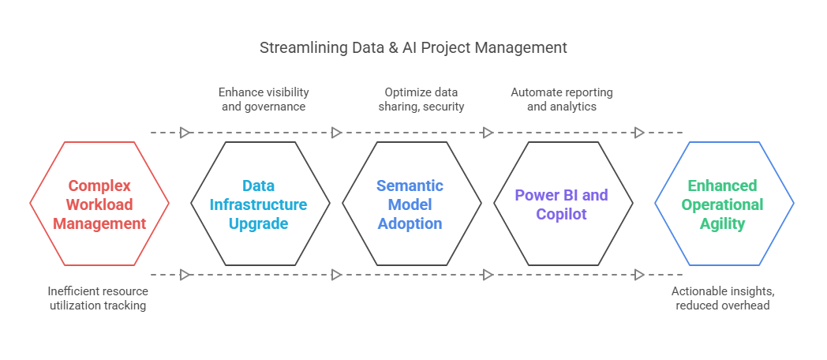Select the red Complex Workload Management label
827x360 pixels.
(99, 204)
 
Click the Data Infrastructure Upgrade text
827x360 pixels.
(259, 204)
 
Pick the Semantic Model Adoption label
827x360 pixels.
(410, 204)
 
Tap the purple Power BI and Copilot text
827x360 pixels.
(562, 204)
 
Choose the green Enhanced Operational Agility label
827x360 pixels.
(723, 204)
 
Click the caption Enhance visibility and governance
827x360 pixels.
(264, 99)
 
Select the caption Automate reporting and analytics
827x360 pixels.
(562, 99)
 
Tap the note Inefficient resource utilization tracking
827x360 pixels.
(98, 298)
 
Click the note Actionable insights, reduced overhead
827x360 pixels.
(723, 298)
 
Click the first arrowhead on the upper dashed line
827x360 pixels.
(185, 133)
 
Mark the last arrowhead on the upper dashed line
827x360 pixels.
(639, 133)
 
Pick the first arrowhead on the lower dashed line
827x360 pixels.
(185, 275)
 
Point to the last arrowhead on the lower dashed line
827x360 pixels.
(639, 275)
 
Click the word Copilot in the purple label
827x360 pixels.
(562, 214)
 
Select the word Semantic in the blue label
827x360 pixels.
(410, 186)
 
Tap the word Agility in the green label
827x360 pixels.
(723, 223)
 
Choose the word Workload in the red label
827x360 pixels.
(99, 204)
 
